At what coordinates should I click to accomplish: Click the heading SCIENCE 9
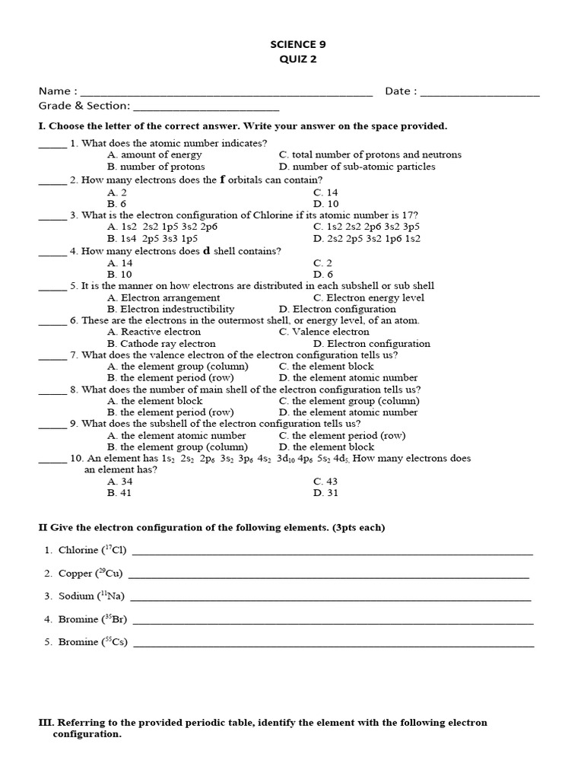[292, 45]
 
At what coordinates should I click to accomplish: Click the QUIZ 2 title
[292, 60]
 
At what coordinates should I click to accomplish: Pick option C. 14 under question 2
[325, 193]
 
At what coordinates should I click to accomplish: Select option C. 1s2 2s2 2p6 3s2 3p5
[366, 227]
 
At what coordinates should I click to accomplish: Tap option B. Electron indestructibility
[171, 310]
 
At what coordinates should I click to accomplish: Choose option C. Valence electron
[324, 332]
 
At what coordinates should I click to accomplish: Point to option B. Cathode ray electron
[161, 344]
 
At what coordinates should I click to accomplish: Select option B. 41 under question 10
[120, 493]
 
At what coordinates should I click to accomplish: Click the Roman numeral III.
[46, 723]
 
